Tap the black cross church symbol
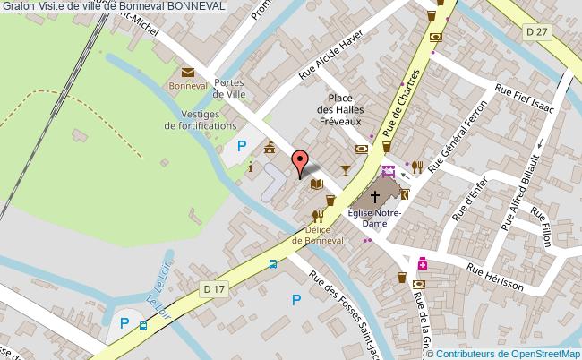[374, 194]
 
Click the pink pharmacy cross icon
[422, 265]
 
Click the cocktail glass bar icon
[346, 169]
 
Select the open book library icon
[315, 184]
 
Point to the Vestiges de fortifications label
[201, 120]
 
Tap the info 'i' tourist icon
[251, 167]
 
